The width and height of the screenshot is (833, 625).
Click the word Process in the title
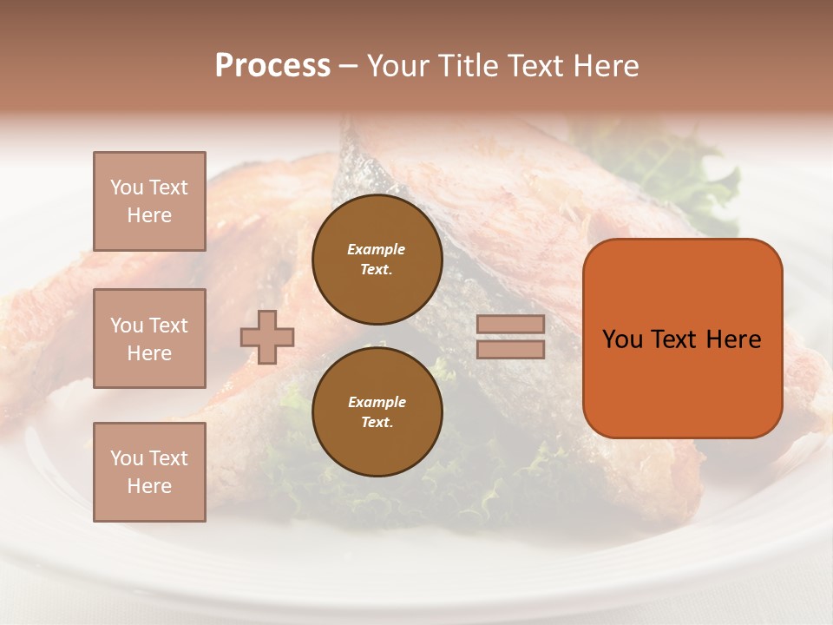click(x=272, y=66)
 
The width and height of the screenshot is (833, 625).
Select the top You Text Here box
click(x=149, y=201)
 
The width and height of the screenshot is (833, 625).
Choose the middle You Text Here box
click(x=149, y=339)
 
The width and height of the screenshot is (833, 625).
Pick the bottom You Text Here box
click(x=149, y=472)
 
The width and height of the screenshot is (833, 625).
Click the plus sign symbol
click(x=267, y=337)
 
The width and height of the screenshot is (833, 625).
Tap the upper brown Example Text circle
click(x=377, y=260)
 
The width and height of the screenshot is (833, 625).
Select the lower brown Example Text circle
click(x=377, y=411)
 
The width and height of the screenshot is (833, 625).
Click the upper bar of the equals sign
click(x=510, y=324)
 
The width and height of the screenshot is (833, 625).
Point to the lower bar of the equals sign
click(x=510, y=349)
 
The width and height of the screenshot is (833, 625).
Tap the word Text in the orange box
click(x=676, y=339)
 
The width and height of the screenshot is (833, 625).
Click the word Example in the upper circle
click(x=377, y=249)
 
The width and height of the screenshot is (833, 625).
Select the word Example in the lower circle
click(x=377, y=402)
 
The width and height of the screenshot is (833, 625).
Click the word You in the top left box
click(x=127, y=187)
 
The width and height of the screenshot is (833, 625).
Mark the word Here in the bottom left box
click(x=149, y=486)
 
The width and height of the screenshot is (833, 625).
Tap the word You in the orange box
click(x=622, y=339)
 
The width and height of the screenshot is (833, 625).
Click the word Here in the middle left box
click(x=149, y=353)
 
